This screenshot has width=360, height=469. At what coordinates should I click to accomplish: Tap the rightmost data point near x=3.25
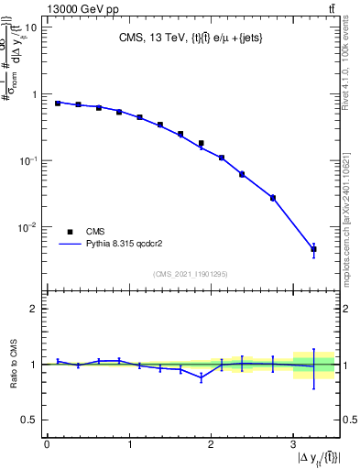[313, 249]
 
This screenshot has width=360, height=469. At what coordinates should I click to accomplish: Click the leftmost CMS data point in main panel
[58, 104]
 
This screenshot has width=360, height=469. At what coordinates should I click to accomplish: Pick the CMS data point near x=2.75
[272, 198]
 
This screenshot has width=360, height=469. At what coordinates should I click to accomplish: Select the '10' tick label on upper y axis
[30, 27]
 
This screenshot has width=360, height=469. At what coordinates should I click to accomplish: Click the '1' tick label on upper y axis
[33, 94]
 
